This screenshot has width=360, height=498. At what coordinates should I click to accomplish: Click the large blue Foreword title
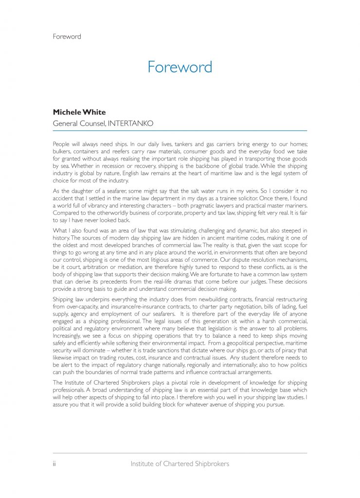[180, 67]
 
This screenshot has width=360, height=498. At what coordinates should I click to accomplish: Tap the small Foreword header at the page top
[67, 36]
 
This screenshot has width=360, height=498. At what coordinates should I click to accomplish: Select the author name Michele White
[79, 112]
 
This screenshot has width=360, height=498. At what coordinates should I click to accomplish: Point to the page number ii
[54, 463]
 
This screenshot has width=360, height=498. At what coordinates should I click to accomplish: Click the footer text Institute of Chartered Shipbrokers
[180, 463]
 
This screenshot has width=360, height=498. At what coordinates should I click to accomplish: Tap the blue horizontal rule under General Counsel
[180, 131]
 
